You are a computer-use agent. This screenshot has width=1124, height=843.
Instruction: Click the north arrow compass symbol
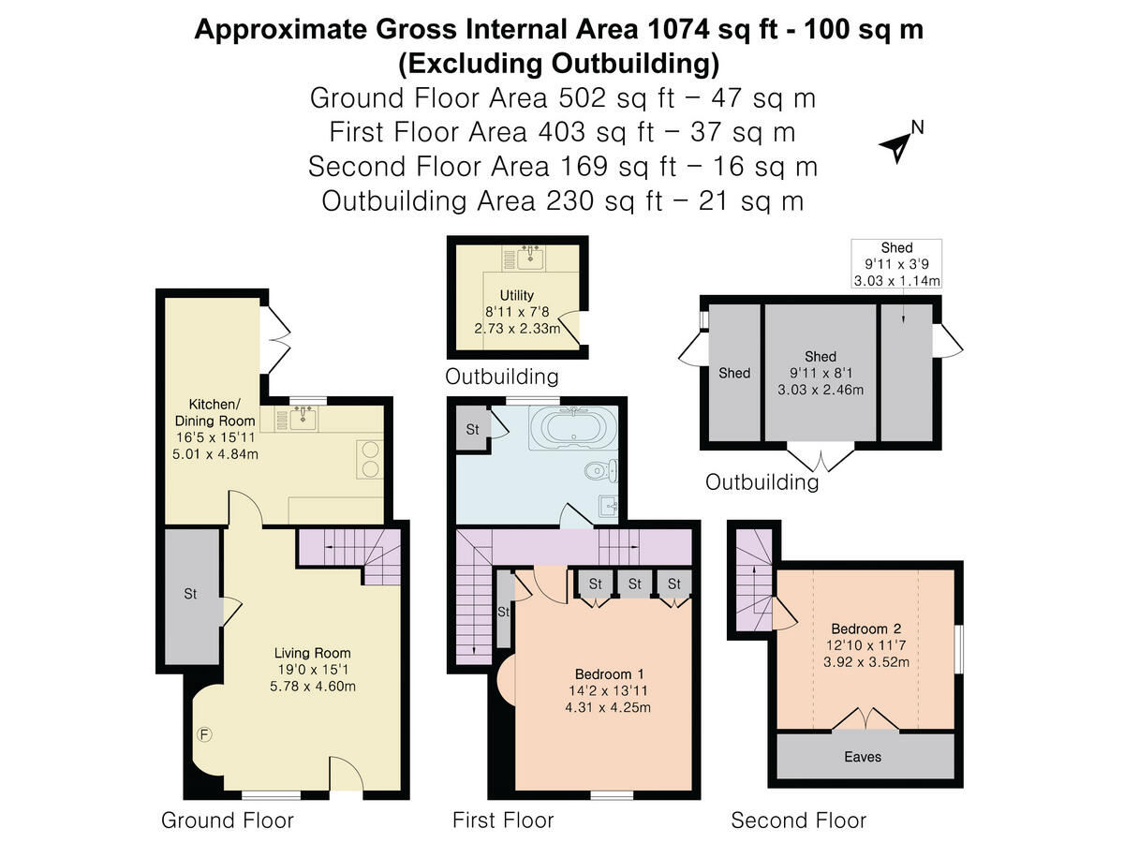[897, 146]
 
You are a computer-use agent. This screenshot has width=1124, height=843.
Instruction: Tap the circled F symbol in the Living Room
[204, 735]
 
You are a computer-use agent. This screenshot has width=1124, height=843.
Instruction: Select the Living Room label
[312, 653]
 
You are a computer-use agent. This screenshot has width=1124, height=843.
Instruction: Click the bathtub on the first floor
[573, 428]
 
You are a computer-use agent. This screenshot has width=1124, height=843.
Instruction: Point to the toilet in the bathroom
[601, 470]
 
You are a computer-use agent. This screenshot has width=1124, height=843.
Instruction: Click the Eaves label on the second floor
[863, 757]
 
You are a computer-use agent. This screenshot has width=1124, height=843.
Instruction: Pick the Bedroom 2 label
[865, 629]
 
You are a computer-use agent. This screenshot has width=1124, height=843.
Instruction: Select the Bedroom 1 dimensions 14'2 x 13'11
[608, 690]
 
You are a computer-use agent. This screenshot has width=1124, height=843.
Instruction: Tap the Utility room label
[517, 295]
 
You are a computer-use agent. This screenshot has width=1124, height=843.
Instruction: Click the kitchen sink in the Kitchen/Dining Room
[303, 420]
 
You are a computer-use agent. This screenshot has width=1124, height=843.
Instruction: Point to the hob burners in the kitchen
[370, 459]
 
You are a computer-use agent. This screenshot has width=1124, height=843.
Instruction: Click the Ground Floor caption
[228, 820]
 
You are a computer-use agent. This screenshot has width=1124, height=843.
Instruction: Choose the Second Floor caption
[798, 820]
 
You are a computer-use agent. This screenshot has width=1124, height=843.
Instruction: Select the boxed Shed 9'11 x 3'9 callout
[896, 263]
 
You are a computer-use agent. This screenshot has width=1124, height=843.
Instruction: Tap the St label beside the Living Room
[190, 593]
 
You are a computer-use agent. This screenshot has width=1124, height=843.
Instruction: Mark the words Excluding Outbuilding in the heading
[558, 64]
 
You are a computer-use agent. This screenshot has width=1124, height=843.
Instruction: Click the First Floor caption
[503, 820]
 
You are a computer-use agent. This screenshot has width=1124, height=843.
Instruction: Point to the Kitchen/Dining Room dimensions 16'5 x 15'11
[215, 437]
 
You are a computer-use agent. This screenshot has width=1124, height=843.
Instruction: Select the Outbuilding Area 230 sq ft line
[562, 200]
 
